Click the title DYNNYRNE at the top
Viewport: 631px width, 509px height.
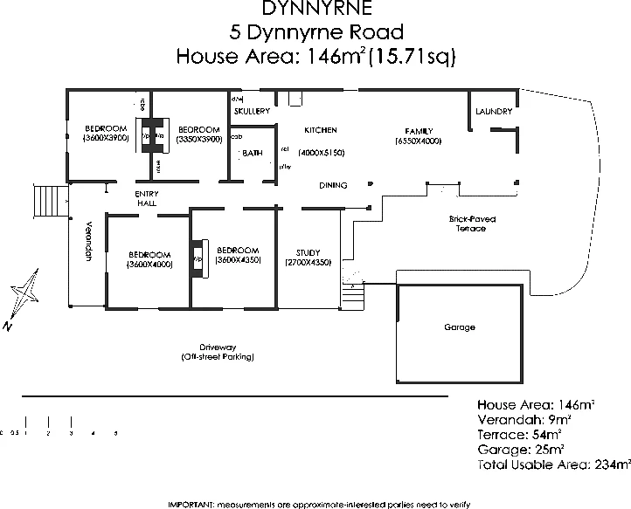tap(315, 9)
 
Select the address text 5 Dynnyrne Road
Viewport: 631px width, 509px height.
tap(315, 33)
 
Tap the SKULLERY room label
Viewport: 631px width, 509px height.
tap(252, 112)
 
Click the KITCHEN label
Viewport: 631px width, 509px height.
tap(320, 130)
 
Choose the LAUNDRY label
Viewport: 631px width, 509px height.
tap(494, 112)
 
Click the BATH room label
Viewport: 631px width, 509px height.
tap(253, 153)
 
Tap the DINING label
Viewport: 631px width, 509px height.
tap(333, 185)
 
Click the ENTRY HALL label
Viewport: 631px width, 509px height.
tap(146, 198)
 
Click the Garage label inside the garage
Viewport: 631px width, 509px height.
tap(460, 327)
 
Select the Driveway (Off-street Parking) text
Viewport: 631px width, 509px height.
tap(218, 352)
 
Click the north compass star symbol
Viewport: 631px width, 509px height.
tap(24, 294)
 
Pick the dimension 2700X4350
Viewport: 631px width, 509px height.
tap(308, 263)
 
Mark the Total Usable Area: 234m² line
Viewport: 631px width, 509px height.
tap(553, 465)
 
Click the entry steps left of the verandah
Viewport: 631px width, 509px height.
tap(45, 202)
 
